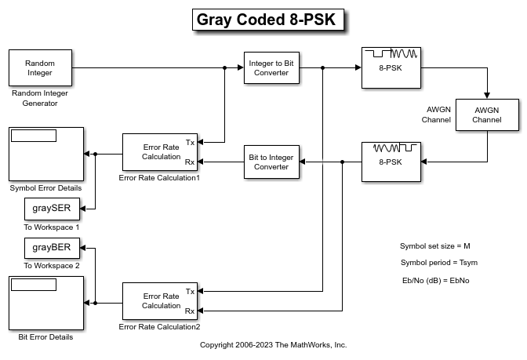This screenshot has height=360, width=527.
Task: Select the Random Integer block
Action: pos(40,68)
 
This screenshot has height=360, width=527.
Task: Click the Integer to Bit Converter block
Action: pos(268,68)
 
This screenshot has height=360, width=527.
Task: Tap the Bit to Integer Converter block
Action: pos(272,162)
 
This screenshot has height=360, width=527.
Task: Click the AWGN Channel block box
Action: pos(486,116)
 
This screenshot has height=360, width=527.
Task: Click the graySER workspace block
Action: pos(52,209)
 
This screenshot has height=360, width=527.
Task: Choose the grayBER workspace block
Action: pos(52,249)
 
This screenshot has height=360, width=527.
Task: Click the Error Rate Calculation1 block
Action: pos(161,152)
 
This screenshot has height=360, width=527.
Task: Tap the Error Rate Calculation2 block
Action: pos(161,301)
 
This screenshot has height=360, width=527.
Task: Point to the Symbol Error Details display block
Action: pos(45,154)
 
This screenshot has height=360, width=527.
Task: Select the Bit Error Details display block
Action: pos(45,303)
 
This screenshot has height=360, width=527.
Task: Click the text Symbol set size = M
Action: pos(434,246)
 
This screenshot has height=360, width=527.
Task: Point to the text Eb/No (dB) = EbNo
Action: pos(435,281)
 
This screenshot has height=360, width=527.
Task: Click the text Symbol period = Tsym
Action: pos(438,263)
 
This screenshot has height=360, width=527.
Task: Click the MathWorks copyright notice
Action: pos(273,345)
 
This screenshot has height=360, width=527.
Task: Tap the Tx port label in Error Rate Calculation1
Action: pos(191,142)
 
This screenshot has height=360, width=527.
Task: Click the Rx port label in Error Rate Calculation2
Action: pos(190,311)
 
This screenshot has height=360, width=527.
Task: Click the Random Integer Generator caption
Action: pos(40,97)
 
